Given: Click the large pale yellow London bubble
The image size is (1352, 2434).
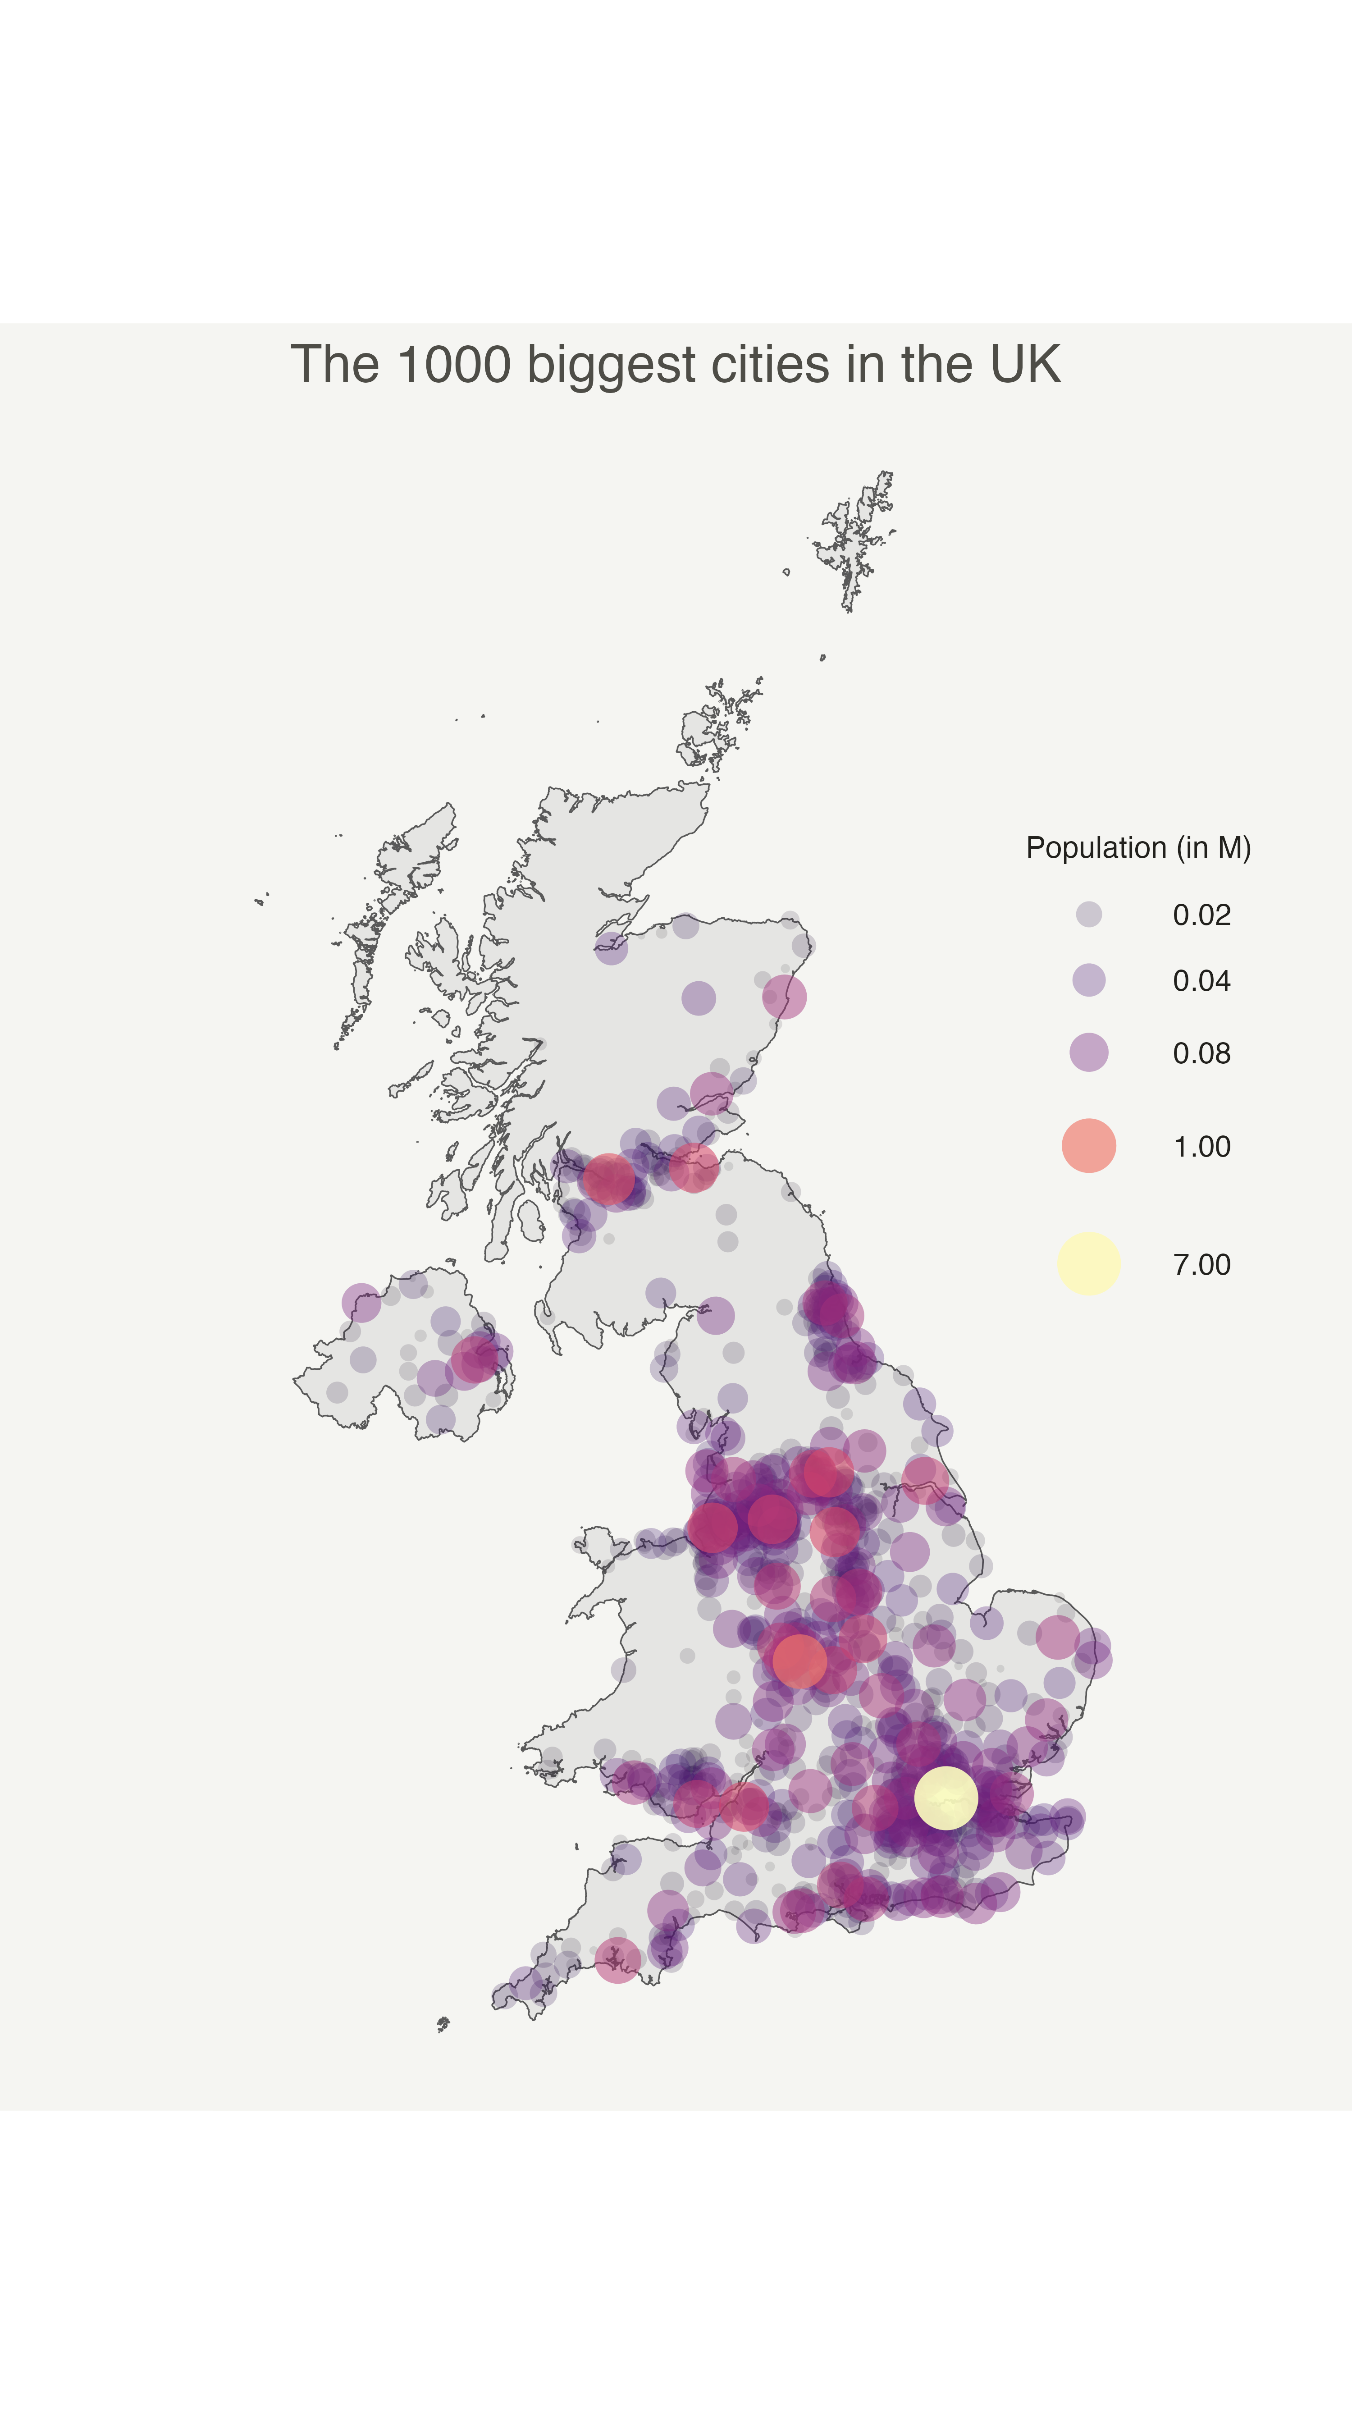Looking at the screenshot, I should tap(945, 1797).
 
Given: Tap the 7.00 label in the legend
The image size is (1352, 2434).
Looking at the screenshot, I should tap(1201, 1264).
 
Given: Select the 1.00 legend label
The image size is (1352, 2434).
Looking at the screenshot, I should tap(1201, 1146).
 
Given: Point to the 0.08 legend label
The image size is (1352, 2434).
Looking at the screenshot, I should tap(1201, 1052).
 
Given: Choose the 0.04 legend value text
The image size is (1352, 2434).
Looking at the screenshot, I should tap(1201, 981).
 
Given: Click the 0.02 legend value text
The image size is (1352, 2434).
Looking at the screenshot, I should tap(1201, 915).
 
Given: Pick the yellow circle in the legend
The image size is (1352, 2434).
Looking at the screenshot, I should tap(1088, 1263).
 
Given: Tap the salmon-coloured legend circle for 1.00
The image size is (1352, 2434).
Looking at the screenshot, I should tap(1088, 1145).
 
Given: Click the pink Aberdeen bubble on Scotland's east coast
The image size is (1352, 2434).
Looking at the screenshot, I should tap(784, 997).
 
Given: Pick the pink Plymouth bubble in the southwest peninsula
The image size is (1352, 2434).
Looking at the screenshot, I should tap(618, 1959).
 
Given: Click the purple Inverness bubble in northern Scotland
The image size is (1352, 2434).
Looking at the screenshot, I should tap(611, 947).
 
